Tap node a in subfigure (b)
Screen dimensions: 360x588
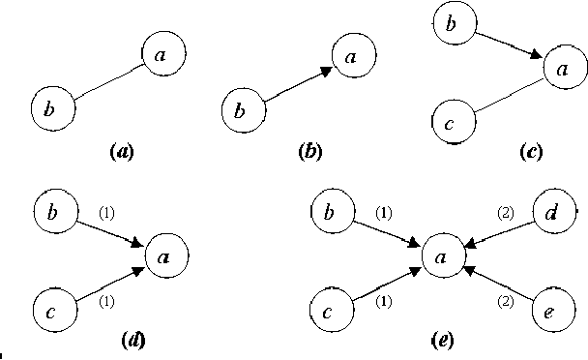354,57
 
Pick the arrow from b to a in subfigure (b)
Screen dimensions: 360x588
296,85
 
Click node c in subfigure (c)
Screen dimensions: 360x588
450,122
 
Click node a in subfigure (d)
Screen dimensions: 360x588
166,257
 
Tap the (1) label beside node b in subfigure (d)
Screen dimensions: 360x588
106,214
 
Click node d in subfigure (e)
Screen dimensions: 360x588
551,215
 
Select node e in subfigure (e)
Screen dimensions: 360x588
551,312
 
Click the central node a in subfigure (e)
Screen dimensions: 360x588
442,258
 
